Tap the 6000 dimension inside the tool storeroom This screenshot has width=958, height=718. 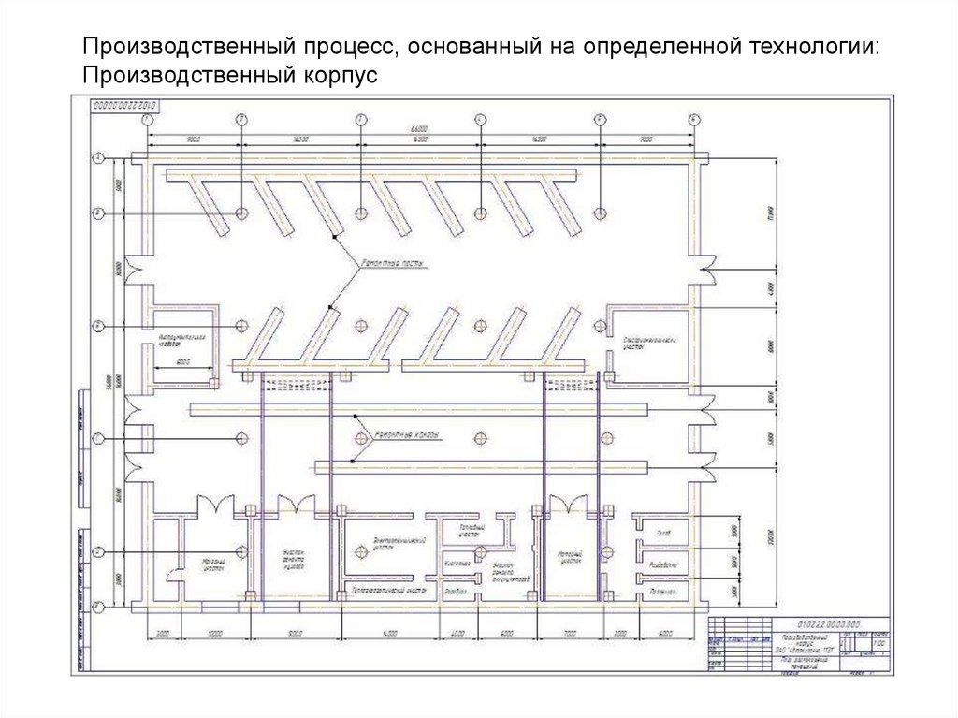(183, 361)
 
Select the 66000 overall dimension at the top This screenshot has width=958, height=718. (419, 128)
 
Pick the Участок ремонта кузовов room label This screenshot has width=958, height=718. (295, 559)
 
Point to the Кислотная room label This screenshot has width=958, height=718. (457, 564)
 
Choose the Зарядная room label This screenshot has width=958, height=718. (456, 593)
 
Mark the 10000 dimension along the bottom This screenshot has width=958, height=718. (214, 635)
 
